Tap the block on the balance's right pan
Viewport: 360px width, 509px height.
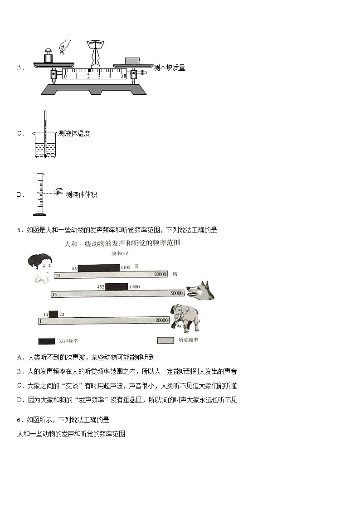[132, 61]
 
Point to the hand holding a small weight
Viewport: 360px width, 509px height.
[65, 46]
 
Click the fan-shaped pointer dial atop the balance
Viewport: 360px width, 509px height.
[96, 44]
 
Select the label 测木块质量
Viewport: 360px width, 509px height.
[170, 68]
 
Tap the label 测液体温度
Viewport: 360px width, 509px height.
[74, 133]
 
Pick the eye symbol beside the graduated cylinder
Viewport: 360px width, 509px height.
[58, 192]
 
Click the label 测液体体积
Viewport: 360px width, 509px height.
[82, 194]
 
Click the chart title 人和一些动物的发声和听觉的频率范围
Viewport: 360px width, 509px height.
[123, 244]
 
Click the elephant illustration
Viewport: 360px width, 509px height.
[185, 317]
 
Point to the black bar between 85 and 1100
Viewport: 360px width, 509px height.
[98, 268]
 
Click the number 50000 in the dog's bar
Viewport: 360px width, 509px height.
[176, 294]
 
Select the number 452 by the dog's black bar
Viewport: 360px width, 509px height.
[101, 286]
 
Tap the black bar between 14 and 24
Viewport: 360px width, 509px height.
[53, 314]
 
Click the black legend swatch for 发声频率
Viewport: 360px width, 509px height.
[46, 340]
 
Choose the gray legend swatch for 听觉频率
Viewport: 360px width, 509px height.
[165, 340]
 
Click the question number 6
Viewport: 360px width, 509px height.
[19, 420]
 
